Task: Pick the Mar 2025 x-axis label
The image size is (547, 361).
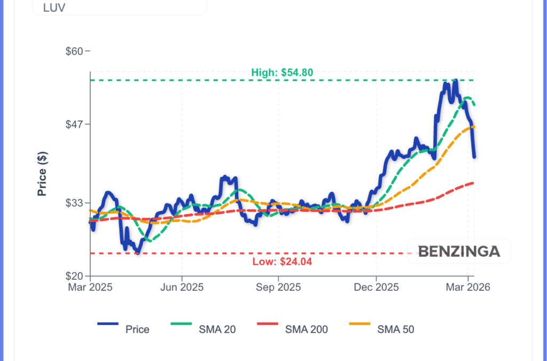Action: click(90, 287)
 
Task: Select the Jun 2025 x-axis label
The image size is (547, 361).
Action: click(182, 287)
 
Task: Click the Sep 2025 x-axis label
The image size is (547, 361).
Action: click(278, 287)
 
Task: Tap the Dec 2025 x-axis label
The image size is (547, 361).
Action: click(376, 287)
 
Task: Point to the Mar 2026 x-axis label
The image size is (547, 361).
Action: click(468, 287)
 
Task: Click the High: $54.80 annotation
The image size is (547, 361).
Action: click(282, 73)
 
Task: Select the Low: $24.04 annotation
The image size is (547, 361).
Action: click(282, 262)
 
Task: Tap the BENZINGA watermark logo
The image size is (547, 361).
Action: click(459, 251)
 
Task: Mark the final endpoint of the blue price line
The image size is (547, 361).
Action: click(474, 157)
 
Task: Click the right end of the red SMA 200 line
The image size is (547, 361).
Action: click(473, 183)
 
